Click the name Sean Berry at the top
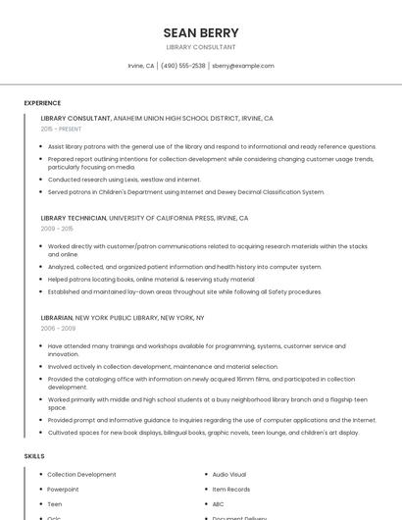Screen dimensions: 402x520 [200, 32]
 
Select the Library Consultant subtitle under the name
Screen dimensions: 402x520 [200, 47]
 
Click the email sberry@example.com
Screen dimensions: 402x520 [243, 66]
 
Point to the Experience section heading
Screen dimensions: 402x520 [42, 103]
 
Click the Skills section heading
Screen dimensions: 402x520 [33, 456]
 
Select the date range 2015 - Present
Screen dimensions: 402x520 [61, 129]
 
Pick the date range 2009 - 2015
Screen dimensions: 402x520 [57, 229]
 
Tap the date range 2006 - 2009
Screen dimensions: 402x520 [57, 329]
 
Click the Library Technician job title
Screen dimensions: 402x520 [74, 218]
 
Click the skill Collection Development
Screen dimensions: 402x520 [81, 474]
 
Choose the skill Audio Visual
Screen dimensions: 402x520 [229, 474]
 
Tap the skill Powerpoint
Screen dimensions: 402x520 [63, 489]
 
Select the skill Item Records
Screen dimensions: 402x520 [231, 489]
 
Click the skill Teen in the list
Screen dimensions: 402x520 [55, 504]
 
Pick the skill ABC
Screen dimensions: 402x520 [219, 504]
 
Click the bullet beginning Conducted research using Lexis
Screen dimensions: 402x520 [125, 180]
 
